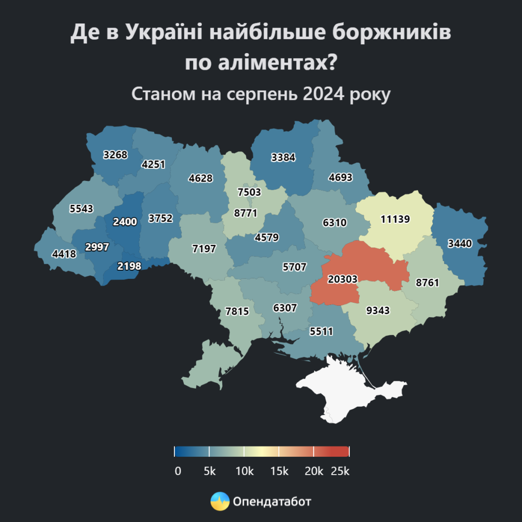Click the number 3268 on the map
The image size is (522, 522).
[x=115, y=154]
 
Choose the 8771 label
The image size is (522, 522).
[x=246, y=213]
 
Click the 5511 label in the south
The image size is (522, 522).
[x=321, y=331]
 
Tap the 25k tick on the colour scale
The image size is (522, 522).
[x=340, y=471]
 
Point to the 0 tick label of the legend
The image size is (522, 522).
[x=177, y=471]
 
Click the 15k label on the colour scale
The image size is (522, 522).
[x=279, y=471]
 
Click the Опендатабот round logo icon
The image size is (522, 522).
[x=220, y=502]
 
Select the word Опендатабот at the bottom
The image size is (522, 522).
[x=272, y=502]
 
